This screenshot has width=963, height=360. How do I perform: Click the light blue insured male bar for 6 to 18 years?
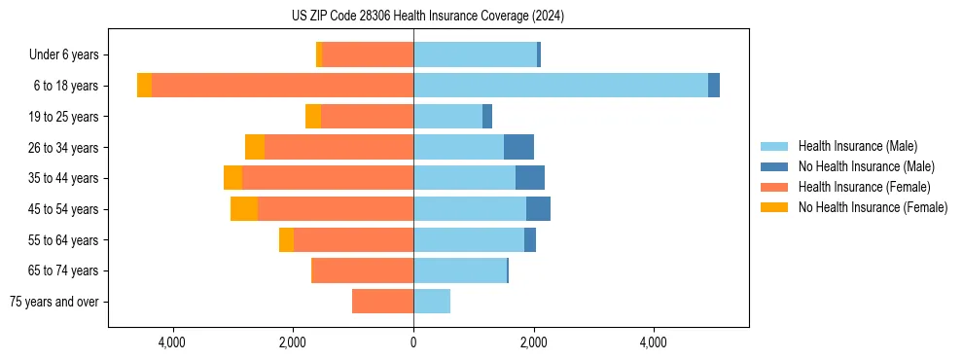(x=560, y=86)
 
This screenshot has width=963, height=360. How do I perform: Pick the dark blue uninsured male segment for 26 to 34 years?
(x=518, y=147)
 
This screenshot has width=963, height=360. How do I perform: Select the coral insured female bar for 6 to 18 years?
(x=282, y=86)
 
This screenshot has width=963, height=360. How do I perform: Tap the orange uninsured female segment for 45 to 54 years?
(x=244, y=209)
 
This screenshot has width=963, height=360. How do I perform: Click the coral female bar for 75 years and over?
(x=382, y=302)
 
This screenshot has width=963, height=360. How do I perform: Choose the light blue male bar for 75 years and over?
(x=432, y=302)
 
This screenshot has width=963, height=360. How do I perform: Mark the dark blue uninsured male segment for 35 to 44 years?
(x=530, y=178)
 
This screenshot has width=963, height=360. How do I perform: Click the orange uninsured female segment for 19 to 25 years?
(x=313, y=117)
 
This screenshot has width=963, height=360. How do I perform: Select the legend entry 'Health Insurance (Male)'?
(x=857, y=146)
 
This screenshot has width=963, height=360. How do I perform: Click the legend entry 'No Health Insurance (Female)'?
(x=873, y=207)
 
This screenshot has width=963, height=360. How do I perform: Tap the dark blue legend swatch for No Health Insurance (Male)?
(x=774, y=166)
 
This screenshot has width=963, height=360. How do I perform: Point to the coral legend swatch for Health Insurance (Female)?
(x=774, y=187)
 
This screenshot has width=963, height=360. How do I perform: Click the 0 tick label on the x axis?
(x=413, y=342)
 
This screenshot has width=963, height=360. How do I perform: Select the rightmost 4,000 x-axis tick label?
(x=654, y=342)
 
